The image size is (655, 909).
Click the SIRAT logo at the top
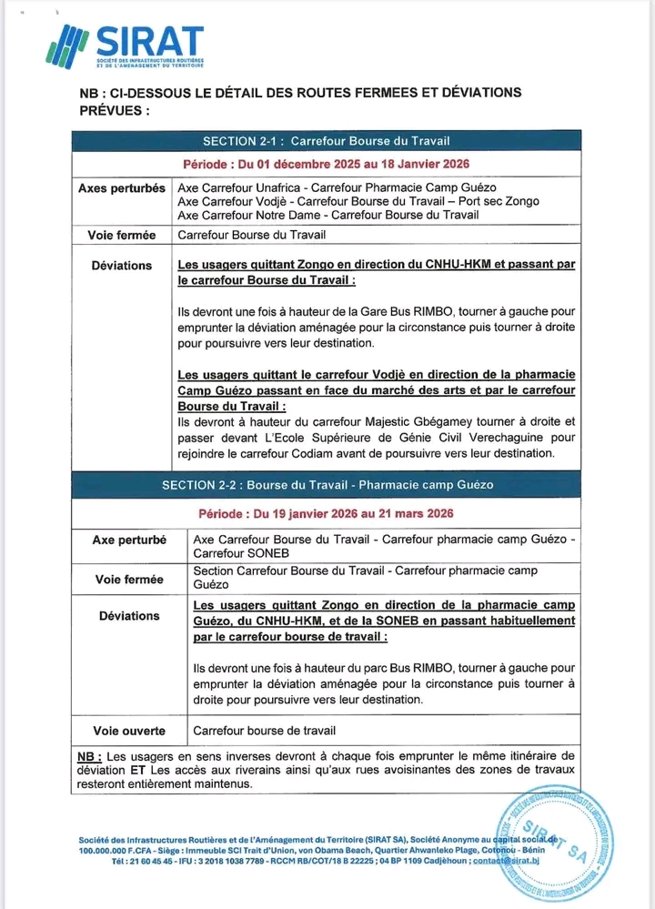(x=127, y=45)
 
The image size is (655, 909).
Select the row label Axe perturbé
(x=129, y=540)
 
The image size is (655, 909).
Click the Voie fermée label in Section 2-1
(x=122, y=235)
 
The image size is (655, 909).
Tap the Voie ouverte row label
(x=129, y=731)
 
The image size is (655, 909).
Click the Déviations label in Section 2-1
(x=122, y=266)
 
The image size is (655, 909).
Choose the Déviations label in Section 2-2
(x=129, y=616)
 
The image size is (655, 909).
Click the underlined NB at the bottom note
(x=88, y=756)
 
